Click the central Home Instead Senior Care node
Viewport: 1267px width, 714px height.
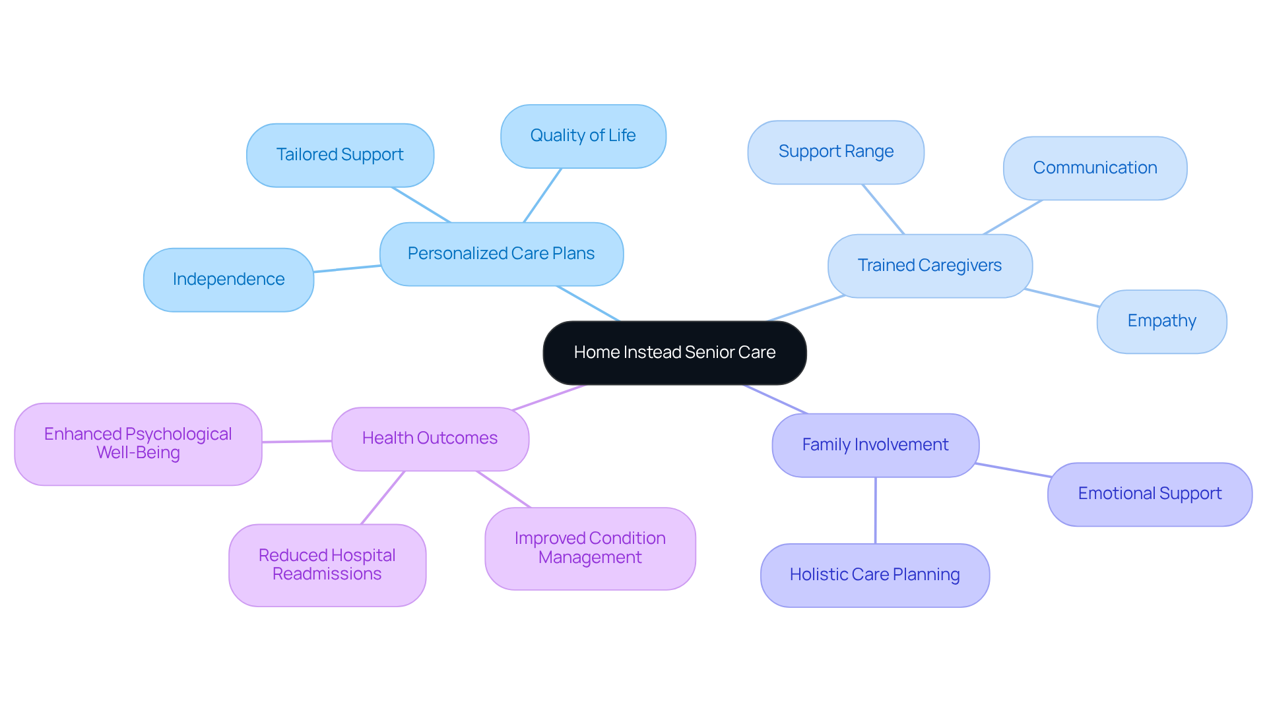[674, 353]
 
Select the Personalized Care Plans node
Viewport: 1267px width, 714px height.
[502, 254]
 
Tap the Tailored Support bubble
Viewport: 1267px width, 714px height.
[340, 155]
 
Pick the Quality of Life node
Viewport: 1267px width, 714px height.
[583, 136]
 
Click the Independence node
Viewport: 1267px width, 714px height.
[228, 280]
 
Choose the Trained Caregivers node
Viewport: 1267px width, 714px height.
[929, 266]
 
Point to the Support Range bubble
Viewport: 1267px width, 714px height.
[835, 152]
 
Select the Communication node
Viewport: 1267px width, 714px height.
[1095, 168]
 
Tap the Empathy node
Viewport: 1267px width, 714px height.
[1161, 321]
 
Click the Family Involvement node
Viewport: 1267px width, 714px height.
[875, 445]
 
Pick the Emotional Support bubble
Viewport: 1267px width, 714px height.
[1150, 494]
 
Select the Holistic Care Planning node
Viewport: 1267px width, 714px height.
[874, 575]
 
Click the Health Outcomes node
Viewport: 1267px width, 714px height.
[430, 438]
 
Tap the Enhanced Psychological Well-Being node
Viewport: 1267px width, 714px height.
[138, 444]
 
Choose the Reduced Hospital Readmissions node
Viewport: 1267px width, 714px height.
[327, 565]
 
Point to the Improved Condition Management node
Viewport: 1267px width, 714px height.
[590, 548]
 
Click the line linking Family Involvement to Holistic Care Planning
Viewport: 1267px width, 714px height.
[875, 510]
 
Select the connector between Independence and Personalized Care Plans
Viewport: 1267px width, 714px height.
[347, 268]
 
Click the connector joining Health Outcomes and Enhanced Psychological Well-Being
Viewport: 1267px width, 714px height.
[297, 441]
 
